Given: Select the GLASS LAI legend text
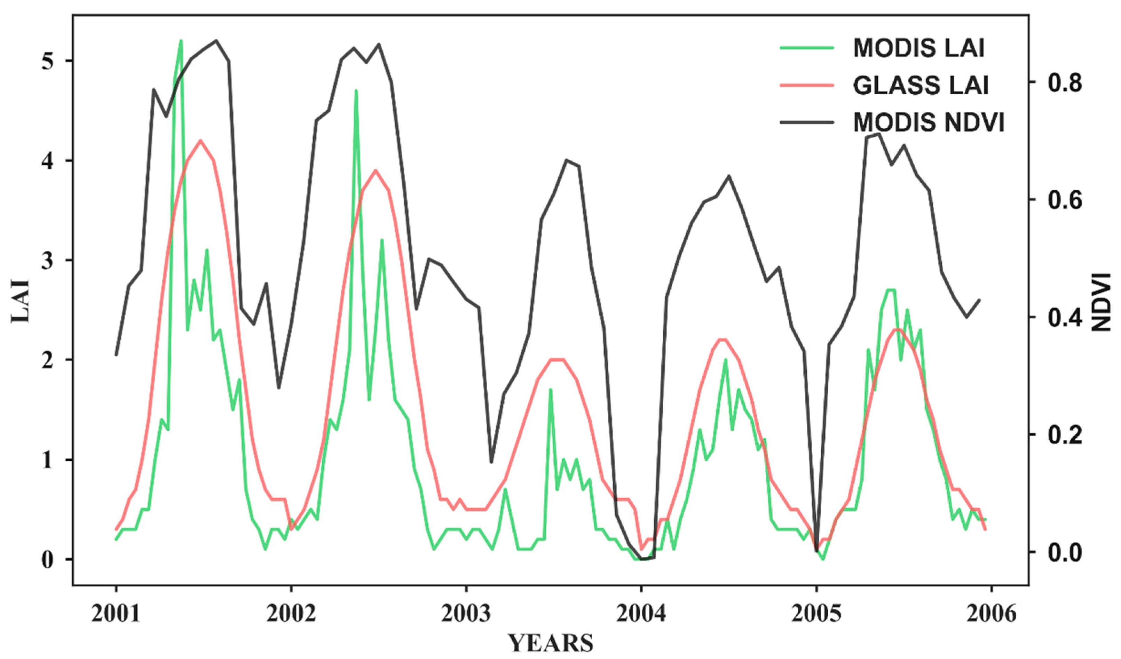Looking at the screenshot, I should (921, 85).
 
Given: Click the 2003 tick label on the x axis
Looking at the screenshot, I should (466, 614).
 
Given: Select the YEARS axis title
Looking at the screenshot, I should (551, 643).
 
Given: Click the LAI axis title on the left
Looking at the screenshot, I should (20, 301).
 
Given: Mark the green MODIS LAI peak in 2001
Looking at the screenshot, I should (181, 41).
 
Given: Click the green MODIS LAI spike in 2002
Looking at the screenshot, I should (356, 91).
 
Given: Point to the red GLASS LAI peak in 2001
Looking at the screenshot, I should (200, 141).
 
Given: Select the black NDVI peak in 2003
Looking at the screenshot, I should (566, 160).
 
